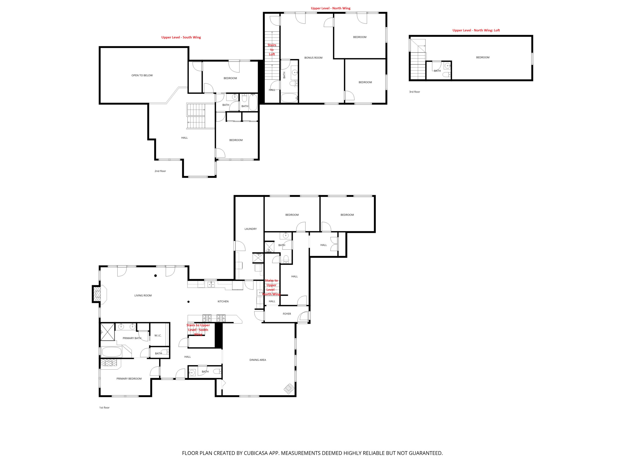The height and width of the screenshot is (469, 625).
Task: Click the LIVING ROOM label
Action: [143, 295]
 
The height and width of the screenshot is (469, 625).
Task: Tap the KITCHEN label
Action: [223, 301]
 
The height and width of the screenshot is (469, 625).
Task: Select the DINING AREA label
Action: [258, 360]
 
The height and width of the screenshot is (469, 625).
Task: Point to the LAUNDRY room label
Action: [251, 229]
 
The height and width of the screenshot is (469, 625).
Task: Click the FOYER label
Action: [287, 314]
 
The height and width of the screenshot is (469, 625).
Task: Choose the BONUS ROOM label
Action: [313, 58]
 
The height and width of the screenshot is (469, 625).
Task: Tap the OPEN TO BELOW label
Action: [142, 75]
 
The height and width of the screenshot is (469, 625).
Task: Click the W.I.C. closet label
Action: [158, 336]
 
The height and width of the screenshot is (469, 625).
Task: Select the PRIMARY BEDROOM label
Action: [129, 379]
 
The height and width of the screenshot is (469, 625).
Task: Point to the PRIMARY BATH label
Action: [132, 338]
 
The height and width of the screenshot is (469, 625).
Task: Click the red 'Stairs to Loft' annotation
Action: [272, 50]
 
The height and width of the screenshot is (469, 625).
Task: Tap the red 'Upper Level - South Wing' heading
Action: [181, 37]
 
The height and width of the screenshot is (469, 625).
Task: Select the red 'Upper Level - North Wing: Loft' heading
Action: [476, 30]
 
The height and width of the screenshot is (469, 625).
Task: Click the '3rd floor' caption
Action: [415, 92]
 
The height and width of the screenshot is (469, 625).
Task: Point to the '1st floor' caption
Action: [104, 407]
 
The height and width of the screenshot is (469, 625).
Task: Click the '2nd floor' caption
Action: [160, 171]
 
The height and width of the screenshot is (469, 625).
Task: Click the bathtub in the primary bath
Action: [112, 352]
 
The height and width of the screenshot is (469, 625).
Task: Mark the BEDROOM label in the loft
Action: [483, 57]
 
